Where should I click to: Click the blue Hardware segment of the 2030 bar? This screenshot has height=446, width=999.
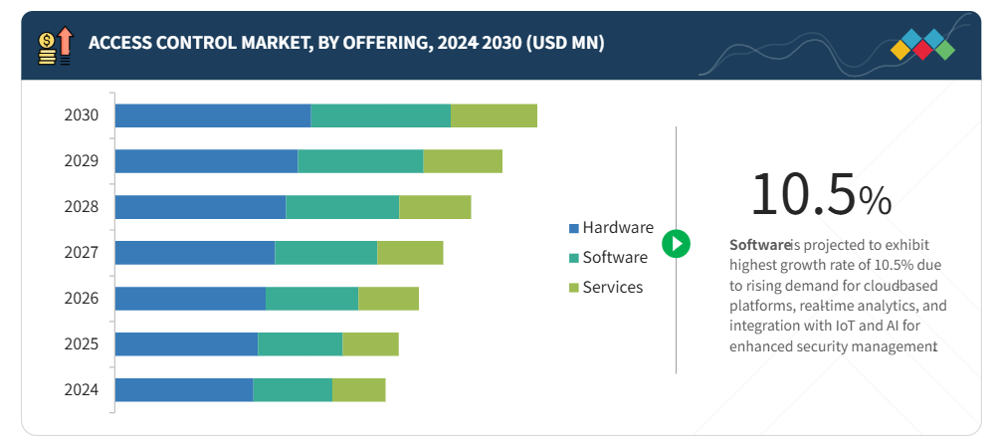pos(213,115)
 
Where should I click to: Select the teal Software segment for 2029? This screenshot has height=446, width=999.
pos(360,161)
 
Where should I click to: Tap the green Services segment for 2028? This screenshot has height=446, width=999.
pos(435,207)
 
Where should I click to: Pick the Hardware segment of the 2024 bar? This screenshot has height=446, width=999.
pos(184,390)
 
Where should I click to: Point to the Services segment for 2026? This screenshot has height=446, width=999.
pos(388,299)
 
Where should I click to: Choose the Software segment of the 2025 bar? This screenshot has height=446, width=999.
pos(300,344)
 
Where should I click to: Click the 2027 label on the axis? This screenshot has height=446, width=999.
pos(82,253)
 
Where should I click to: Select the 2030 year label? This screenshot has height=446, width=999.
pos(82,115)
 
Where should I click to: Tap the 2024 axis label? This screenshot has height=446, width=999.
pos(82,390)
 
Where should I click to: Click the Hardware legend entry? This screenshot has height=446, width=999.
pos(617,227)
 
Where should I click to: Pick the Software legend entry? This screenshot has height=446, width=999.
pos(614,257)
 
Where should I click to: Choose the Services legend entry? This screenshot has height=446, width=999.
pos(612,287)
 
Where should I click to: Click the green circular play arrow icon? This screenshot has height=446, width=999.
pos(676,243)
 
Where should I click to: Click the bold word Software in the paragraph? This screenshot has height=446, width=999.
pos(759,244)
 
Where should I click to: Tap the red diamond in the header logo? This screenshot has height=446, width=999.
pos(922,49)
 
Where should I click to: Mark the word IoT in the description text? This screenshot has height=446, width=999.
pos(840,326)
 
